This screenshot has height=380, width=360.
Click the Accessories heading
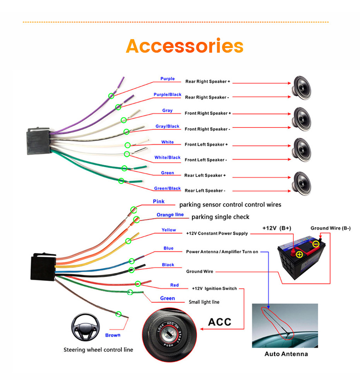click(185, 46)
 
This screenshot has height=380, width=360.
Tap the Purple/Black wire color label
click(167, 95)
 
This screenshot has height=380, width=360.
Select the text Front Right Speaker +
click(207, 113)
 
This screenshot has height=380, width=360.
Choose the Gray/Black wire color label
click(167, 126)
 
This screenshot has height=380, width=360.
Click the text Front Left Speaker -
click(206, 160)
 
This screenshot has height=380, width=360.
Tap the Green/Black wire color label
click(167, 188)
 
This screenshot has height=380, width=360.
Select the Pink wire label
click(159, 201)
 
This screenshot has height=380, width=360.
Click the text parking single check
click(220, 217)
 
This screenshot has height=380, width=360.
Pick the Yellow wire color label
click(169, 230)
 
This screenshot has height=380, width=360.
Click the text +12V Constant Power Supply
click(217, 234)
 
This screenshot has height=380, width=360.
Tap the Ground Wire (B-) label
click(331, 228)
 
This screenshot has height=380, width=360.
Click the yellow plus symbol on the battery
click(299, 254)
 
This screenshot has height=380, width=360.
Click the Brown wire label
click(113, 335)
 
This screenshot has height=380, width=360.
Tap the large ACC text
click(219, 322)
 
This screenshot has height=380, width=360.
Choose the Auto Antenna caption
click(286, 354)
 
